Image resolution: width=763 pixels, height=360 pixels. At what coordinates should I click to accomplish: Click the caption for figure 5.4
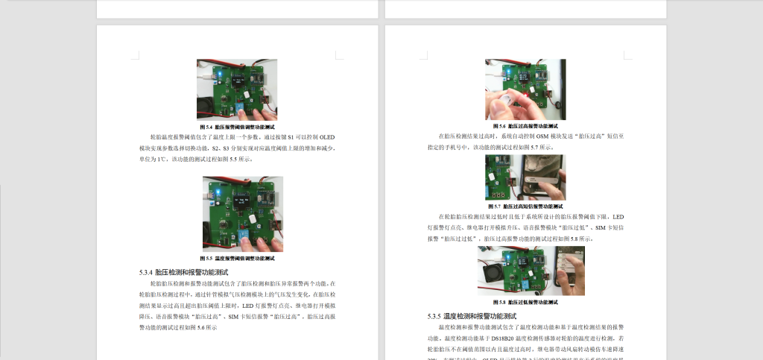click(x=236, y=127)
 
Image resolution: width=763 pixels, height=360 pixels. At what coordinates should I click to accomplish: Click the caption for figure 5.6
click(x=525, y=126)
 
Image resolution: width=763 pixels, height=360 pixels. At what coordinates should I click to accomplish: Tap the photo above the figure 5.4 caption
click(x=236, y=89)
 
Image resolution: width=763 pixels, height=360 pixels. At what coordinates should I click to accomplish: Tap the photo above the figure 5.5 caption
click(x=242, y=214)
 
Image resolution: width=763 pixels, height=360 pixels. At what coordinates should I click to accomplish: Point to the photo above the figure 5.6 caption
click(x=525, y=89)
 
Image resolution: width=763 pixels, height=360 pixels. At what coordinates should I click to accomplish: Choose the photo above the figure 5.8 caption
click(x=531, y=271)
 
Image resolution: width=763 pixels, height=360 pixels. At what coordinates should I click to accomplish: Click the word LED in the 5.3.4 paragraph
click(x=248, y=306)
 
